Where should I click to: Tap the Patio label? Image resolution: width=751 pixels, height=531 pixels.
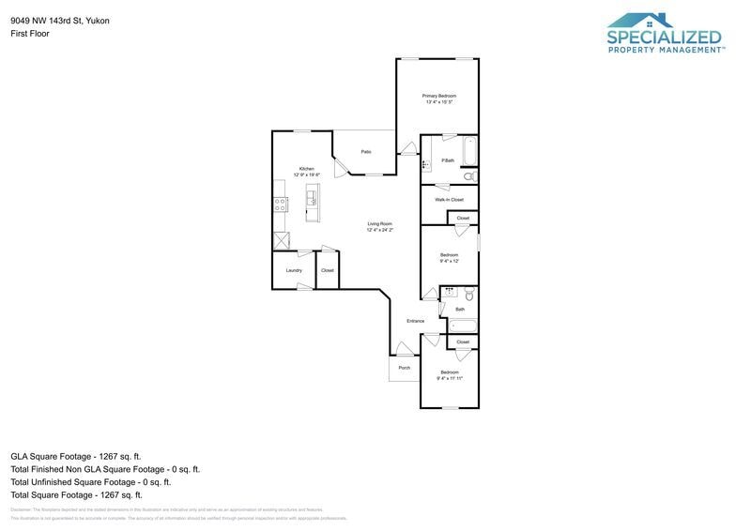(x=366, y=151)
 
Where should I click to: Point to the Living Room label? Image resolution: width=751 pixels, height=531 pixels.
(x=379, y=223)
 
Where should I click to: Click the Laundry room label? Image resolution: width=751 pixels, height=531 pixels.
(x=294, y=270)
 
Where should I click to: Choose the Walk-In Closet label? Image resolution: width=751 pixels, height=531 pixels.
(x=449, y=200)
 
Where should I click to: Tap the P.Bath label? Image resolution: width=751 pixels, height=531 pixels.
(x=448, y=160)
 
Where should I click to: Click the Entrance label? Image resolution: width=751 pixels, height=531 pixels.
(x=415, y=321)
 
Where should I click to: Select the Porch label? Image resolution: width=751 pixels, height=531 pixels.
(x=404, y=368)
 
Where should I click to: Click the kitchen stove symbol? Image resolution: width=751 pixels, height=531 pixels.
(x=280, y=205)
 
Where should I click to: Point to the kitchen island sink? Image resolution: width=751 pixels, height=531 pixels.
(x=313, y=196)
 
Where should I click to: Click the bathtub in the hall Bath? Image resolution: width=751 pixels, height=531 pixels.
(x=462, y=326)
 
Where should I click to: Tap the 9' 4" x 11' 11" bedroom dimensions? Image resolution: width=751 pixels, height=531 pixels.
(x=449, y=378)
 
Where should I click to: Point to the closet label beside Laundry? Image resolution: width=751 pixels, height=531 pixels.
(x=327, y=270)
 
